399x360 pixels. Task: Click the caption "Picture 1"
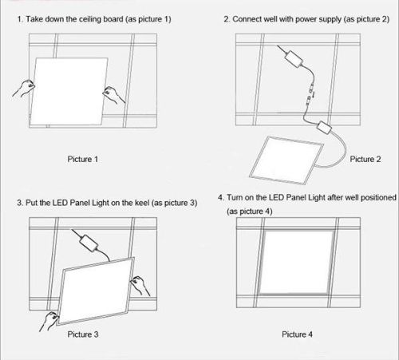pyautogui.click(x=83, y=159)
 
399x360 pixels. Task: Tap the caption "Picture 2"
pyautogui.click(x=365, y=159)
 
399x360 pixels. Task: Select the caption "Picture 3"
pyautogui.click(x=83, y=334)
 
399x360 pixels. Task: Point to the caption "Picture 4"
pyautogui.click(x=297, y=334)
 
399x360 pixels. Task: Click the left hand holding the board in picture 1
pyautogui.click(x=24, y=89)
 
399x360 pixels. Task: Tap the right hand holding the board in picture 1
pyautogui.click(x=113, y=95)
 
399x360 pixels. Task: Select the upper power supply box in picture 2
pyautogui.click(x=294, y=59)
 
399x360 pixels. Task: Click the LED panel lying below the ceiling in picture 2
pyautogui.click(x=286, y=160)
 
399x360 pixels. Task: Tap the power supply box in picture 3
pyautogui.click(x=89, y=243)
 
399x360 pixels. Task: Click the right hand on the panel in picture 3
pyautogui.click(x=140, y=286)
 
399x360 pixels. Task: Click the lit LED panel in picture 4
pyautogui.click(x=296, y=263)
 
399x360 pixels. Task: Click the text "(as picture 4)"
pyautogui.click(x=250, y=212)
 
